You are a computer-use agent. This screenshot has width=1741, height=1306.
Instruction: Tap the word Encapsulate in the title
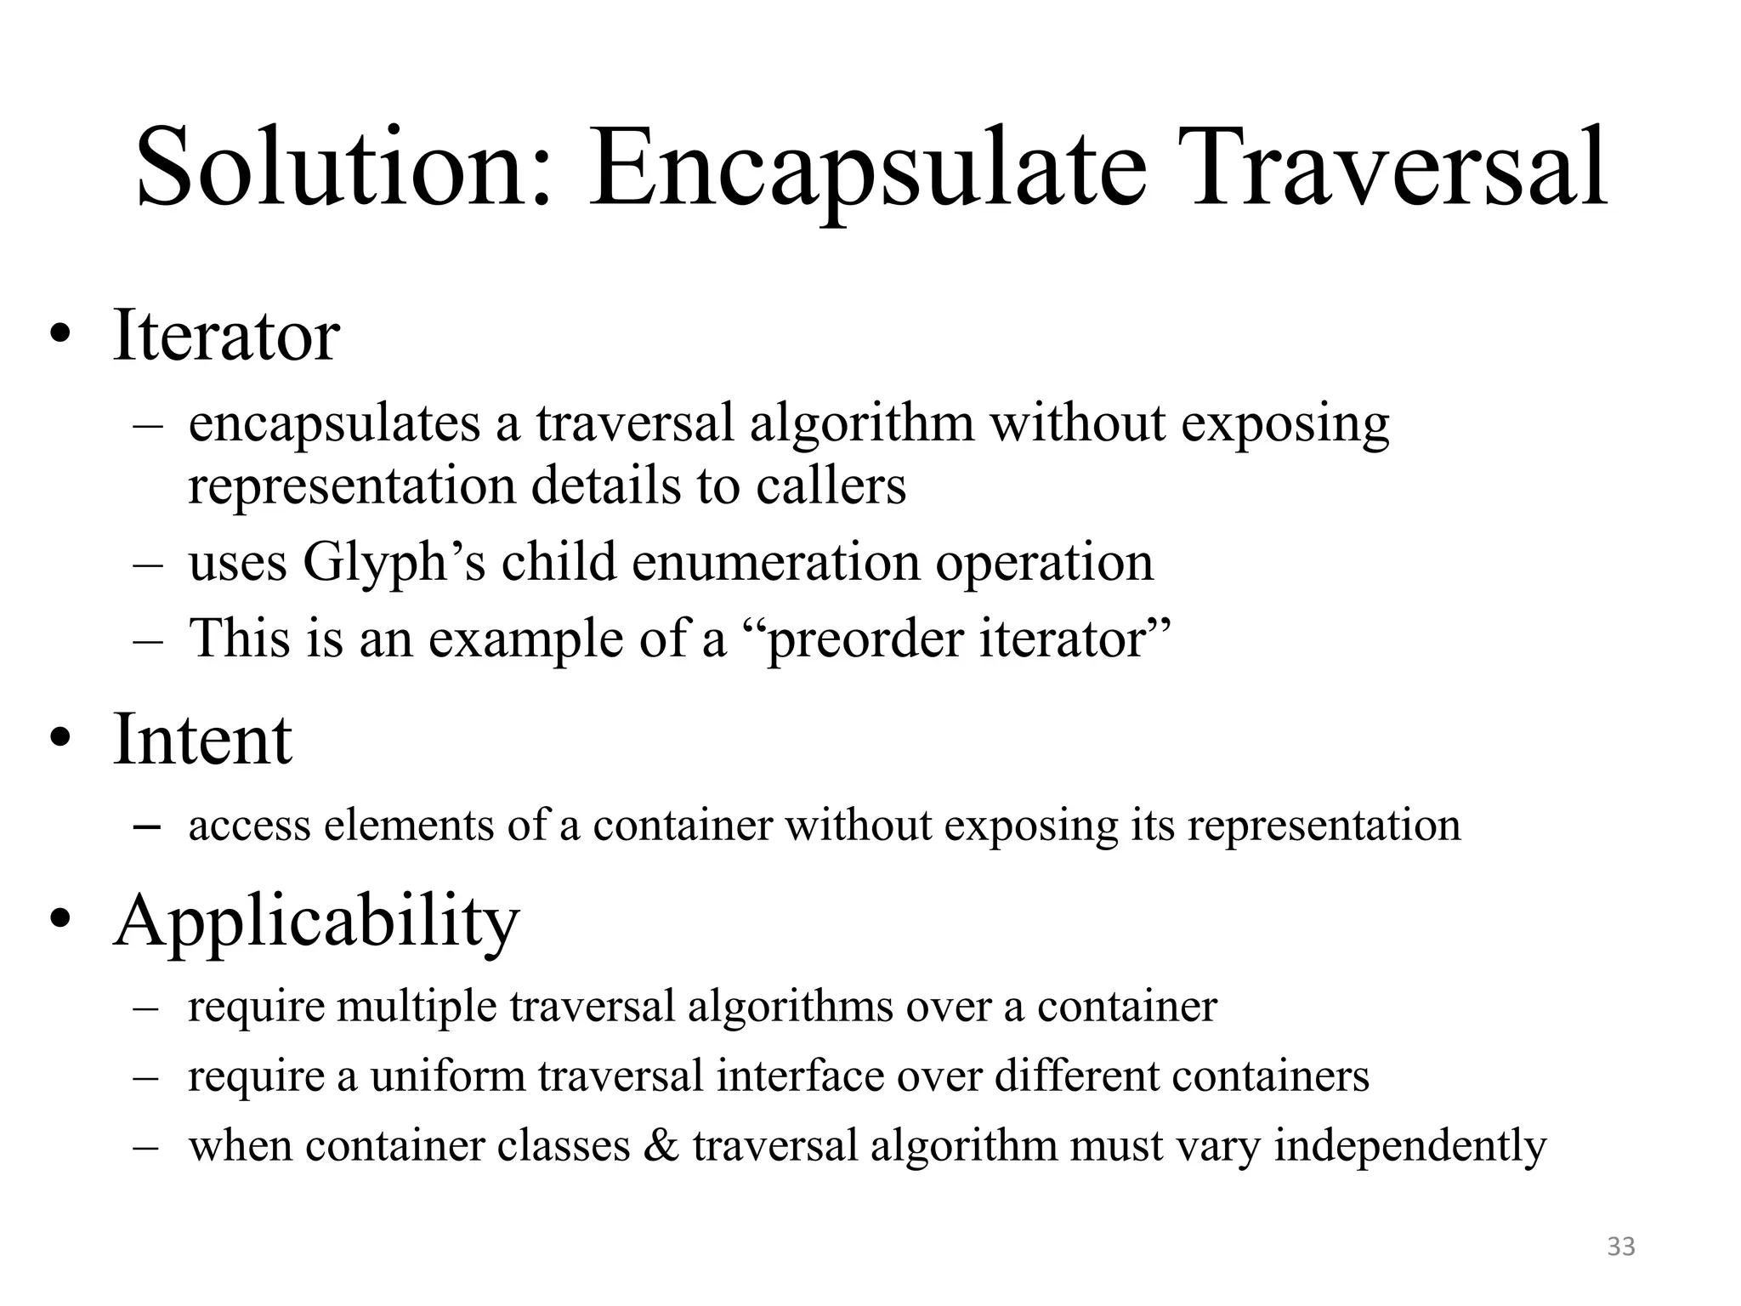coord(867,168)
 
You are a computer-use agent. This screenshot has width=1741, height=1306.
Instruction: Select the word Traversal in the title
coord(1398,168)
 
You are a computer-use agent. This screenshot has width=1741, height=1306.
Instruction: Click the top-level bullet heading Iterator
coord(226,336)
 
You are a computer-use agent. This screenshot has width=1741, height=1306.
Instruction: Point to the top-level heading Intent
coord(202,739)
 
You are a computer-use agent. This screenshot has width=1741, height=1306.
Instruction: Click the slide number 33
coord(1621,1246)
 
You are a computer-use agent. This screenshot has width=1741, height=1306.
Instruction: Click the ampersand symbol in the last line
coord(661,1145)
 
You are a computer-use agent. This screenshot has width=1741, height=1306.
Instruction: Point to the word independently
coord(1410,1145)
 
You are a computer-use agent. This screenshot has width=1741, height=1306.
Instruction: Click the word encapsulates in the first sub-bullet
coord(334,423)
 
